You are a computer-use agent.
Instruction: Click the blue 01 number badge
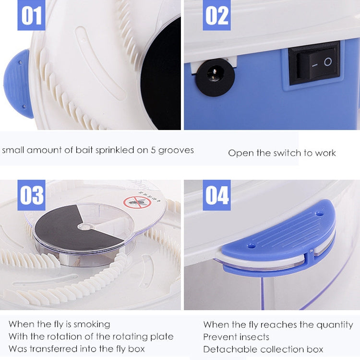pos(32,15)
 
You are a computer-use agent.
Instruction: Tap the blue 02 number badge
pos(216,15)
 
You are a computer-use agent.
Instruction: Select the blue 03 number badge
pos(32,195)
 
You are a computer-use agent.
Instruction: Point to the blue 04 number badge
pos(216,195)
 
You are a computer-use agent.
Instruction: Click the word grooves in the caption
pos(176,150)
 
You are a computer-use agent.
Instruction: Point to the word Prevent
pos(219,337)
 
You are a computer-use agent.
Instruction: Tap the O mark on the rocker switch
pos(327,61)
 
